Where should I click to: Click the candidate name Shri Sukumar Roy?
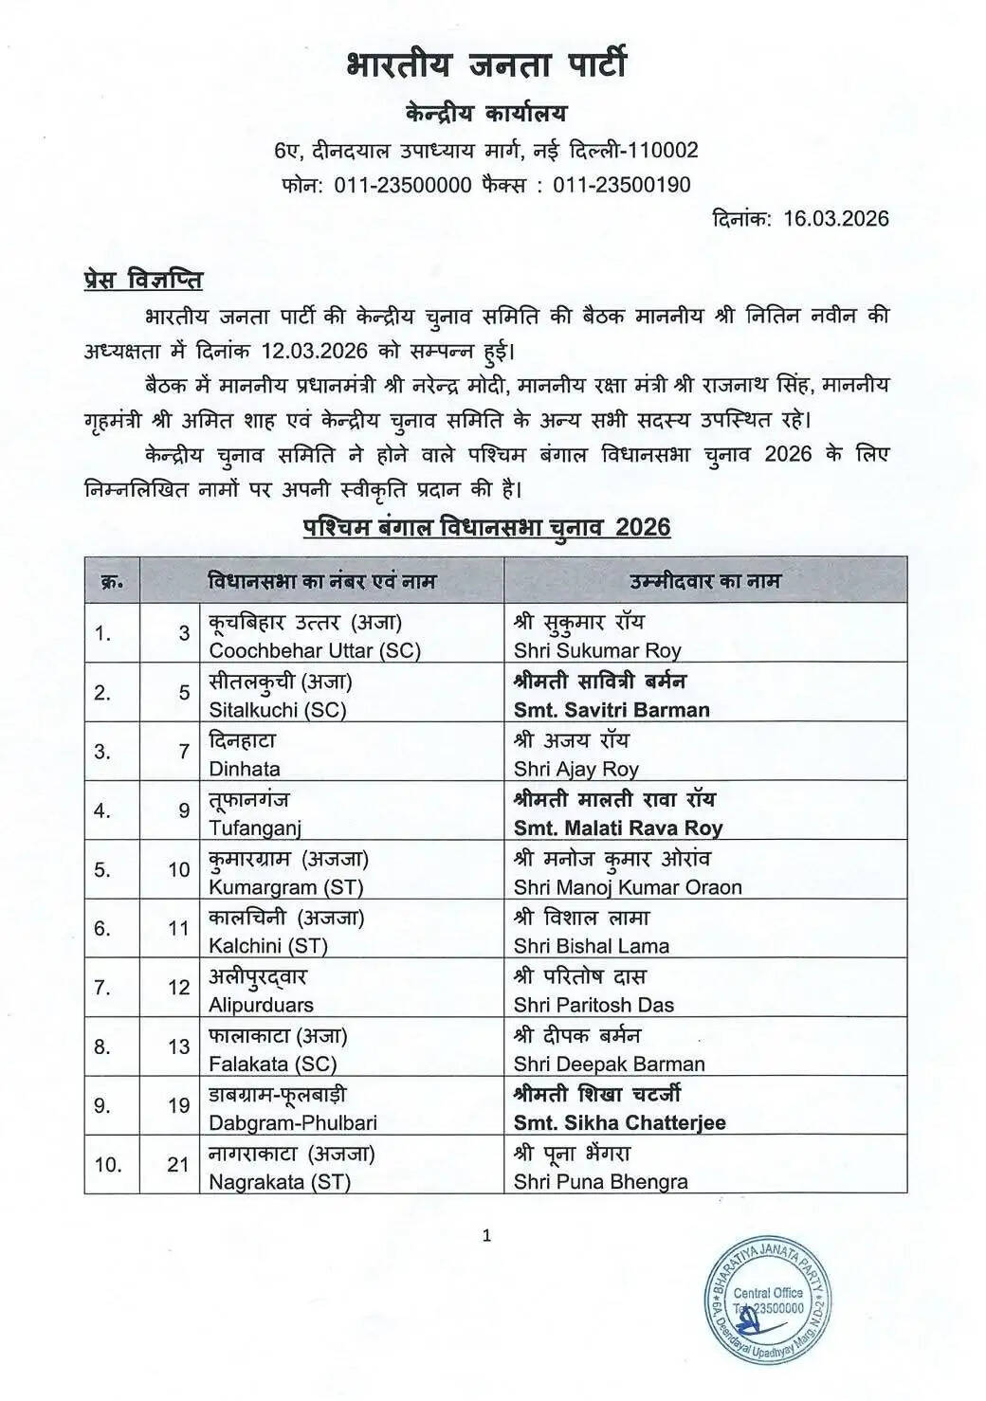coord(597,651)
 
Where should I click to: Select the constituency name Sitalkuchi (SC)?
coord(277,710)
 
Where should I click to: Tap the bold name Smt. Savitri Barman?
coord(612,710)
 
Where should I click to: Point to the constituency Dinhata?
coord(245,769)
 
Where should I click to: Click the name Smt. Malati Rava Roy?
coord(618,828)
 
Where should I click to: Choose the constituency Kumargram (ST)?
coord(285,887)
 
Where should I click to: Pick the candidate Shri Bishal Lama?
coord(592,946)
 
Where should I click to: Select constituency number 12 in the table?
coord(179,988)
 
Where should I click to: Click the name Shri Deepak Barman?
coord(610,1064)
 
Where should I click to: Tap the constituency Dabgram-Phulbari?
coord(293,1122)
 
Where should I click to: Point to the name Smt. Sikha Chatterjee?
coord(620,1122)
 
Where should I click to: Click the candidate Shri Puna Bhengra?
coord(601,1182)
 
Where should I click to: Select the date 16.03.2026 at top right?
coord(836,219)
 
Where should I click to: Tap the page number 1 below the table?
coord(487,1235)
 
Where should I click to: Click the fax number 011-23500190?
coord(622,185)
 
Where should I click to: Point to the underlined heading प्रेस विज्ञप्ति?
coord(137,282)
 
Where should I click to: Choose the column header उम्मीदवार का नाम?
coord(705,580)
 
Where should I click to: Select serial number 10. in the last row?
coord(108,1164)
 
